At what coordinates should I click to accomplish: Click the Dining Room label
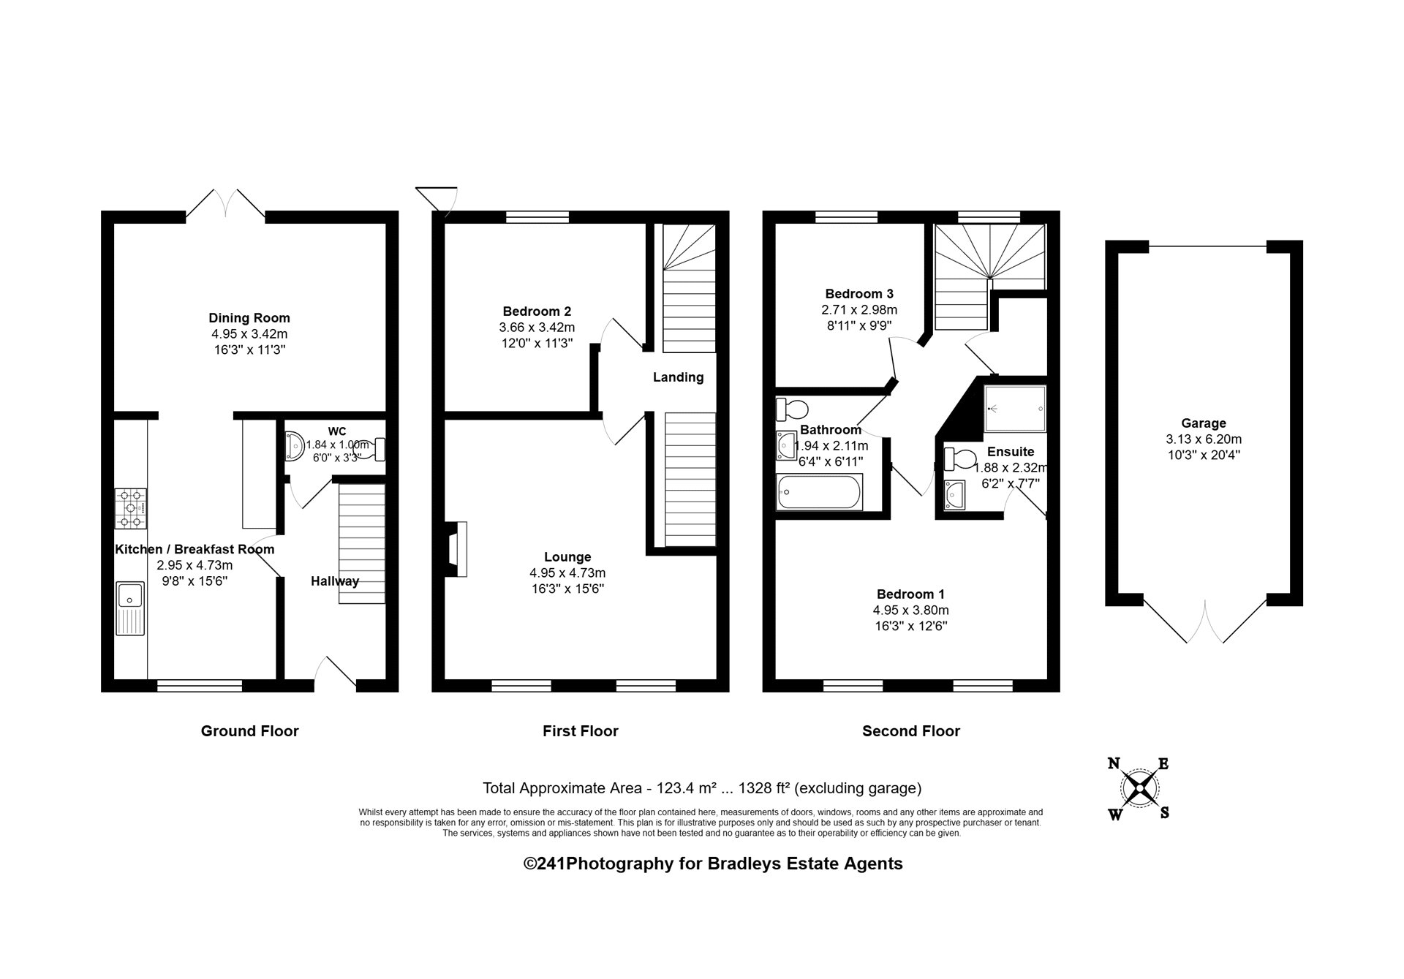click(249, 318)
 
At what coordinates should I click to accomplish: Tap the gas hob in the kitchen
click(131, 508)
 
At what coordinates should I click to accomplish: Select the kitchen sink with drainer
click(131, 608)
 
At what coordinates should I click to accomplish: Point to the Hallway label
click(335, 581)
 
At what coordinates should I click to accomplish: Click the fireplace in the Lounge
click(456, 549)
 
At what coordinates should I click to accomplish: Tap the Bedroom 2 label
click(537, 311)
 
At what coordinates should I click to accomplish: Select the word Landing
click(679, 377)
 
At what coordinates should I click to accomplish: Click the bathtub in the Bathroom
click(820, 492)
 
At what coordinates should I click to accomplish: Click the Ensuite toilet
click(959, 460)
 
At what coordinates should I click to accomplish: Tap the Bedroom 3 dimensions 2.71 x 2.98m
click(859, 310)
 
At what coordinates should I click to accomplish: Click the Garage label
click(1204, 423)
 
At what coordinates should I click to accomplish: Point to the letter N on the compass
click(1114, 765)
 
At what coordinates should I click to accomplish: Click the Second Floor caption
click(911, 731)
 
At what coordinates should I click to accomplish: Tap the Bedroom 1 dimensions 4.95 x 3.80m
click(911, 611)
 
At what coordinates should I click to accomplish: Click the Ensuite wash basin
click(954, 495)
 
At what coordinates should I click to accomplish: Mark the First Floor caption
click(581, 731)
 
